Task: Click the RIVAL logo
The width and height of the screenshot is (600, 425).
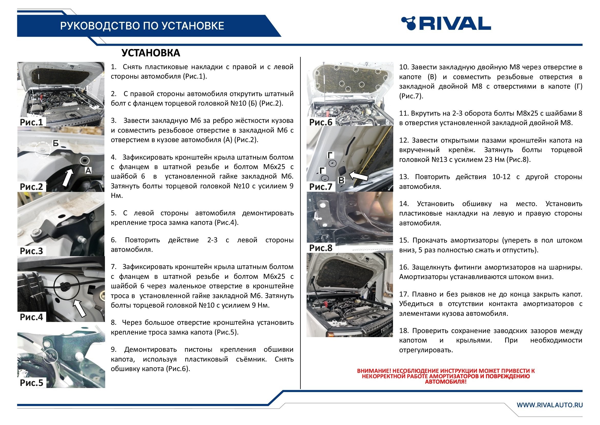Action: pos(446,24)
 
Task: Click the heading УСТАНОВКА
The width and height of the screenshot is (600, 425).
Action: pos(151,53)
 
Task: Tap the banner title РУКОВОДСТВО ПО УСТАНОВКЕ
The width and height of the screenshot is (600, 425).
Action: pos(142,26)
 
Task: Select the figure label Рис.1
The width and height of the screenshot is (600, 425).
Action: pos(31,122)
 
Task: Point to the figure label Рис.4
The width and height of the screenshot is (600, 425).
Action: pos(31,317)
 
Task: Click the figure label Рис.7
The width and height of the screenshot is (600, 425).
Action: pos(321,187)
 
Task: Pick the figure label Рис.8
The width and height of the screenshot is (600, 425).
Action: pos(321,248)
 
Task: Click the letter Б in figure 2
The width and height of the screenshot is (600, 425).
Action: pos(56,143)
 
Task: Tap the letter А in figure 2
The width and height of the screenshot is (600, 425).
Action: pos(88,171)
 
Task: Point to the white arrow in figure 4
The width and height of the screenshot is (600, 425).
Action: pos(80,309)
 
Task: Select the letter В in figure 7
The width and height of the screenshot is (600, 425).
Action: pos(341,180)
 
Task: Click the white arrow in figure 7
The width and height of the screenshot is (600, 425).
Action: pos(359,175)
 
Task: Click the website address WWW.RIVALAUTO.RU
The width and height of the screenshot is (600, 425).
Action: pos(550,405)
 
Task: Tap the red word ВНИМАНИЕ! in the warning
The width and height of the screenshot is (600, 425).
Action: pos(374,371)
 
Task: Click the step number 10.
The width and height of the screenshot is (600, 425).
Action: pos(404,67)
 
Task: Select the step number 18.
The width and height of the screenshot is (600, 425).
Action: pos(404,331)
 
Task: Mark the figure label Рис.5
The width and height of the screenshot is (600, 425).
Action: pos(31,383)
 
